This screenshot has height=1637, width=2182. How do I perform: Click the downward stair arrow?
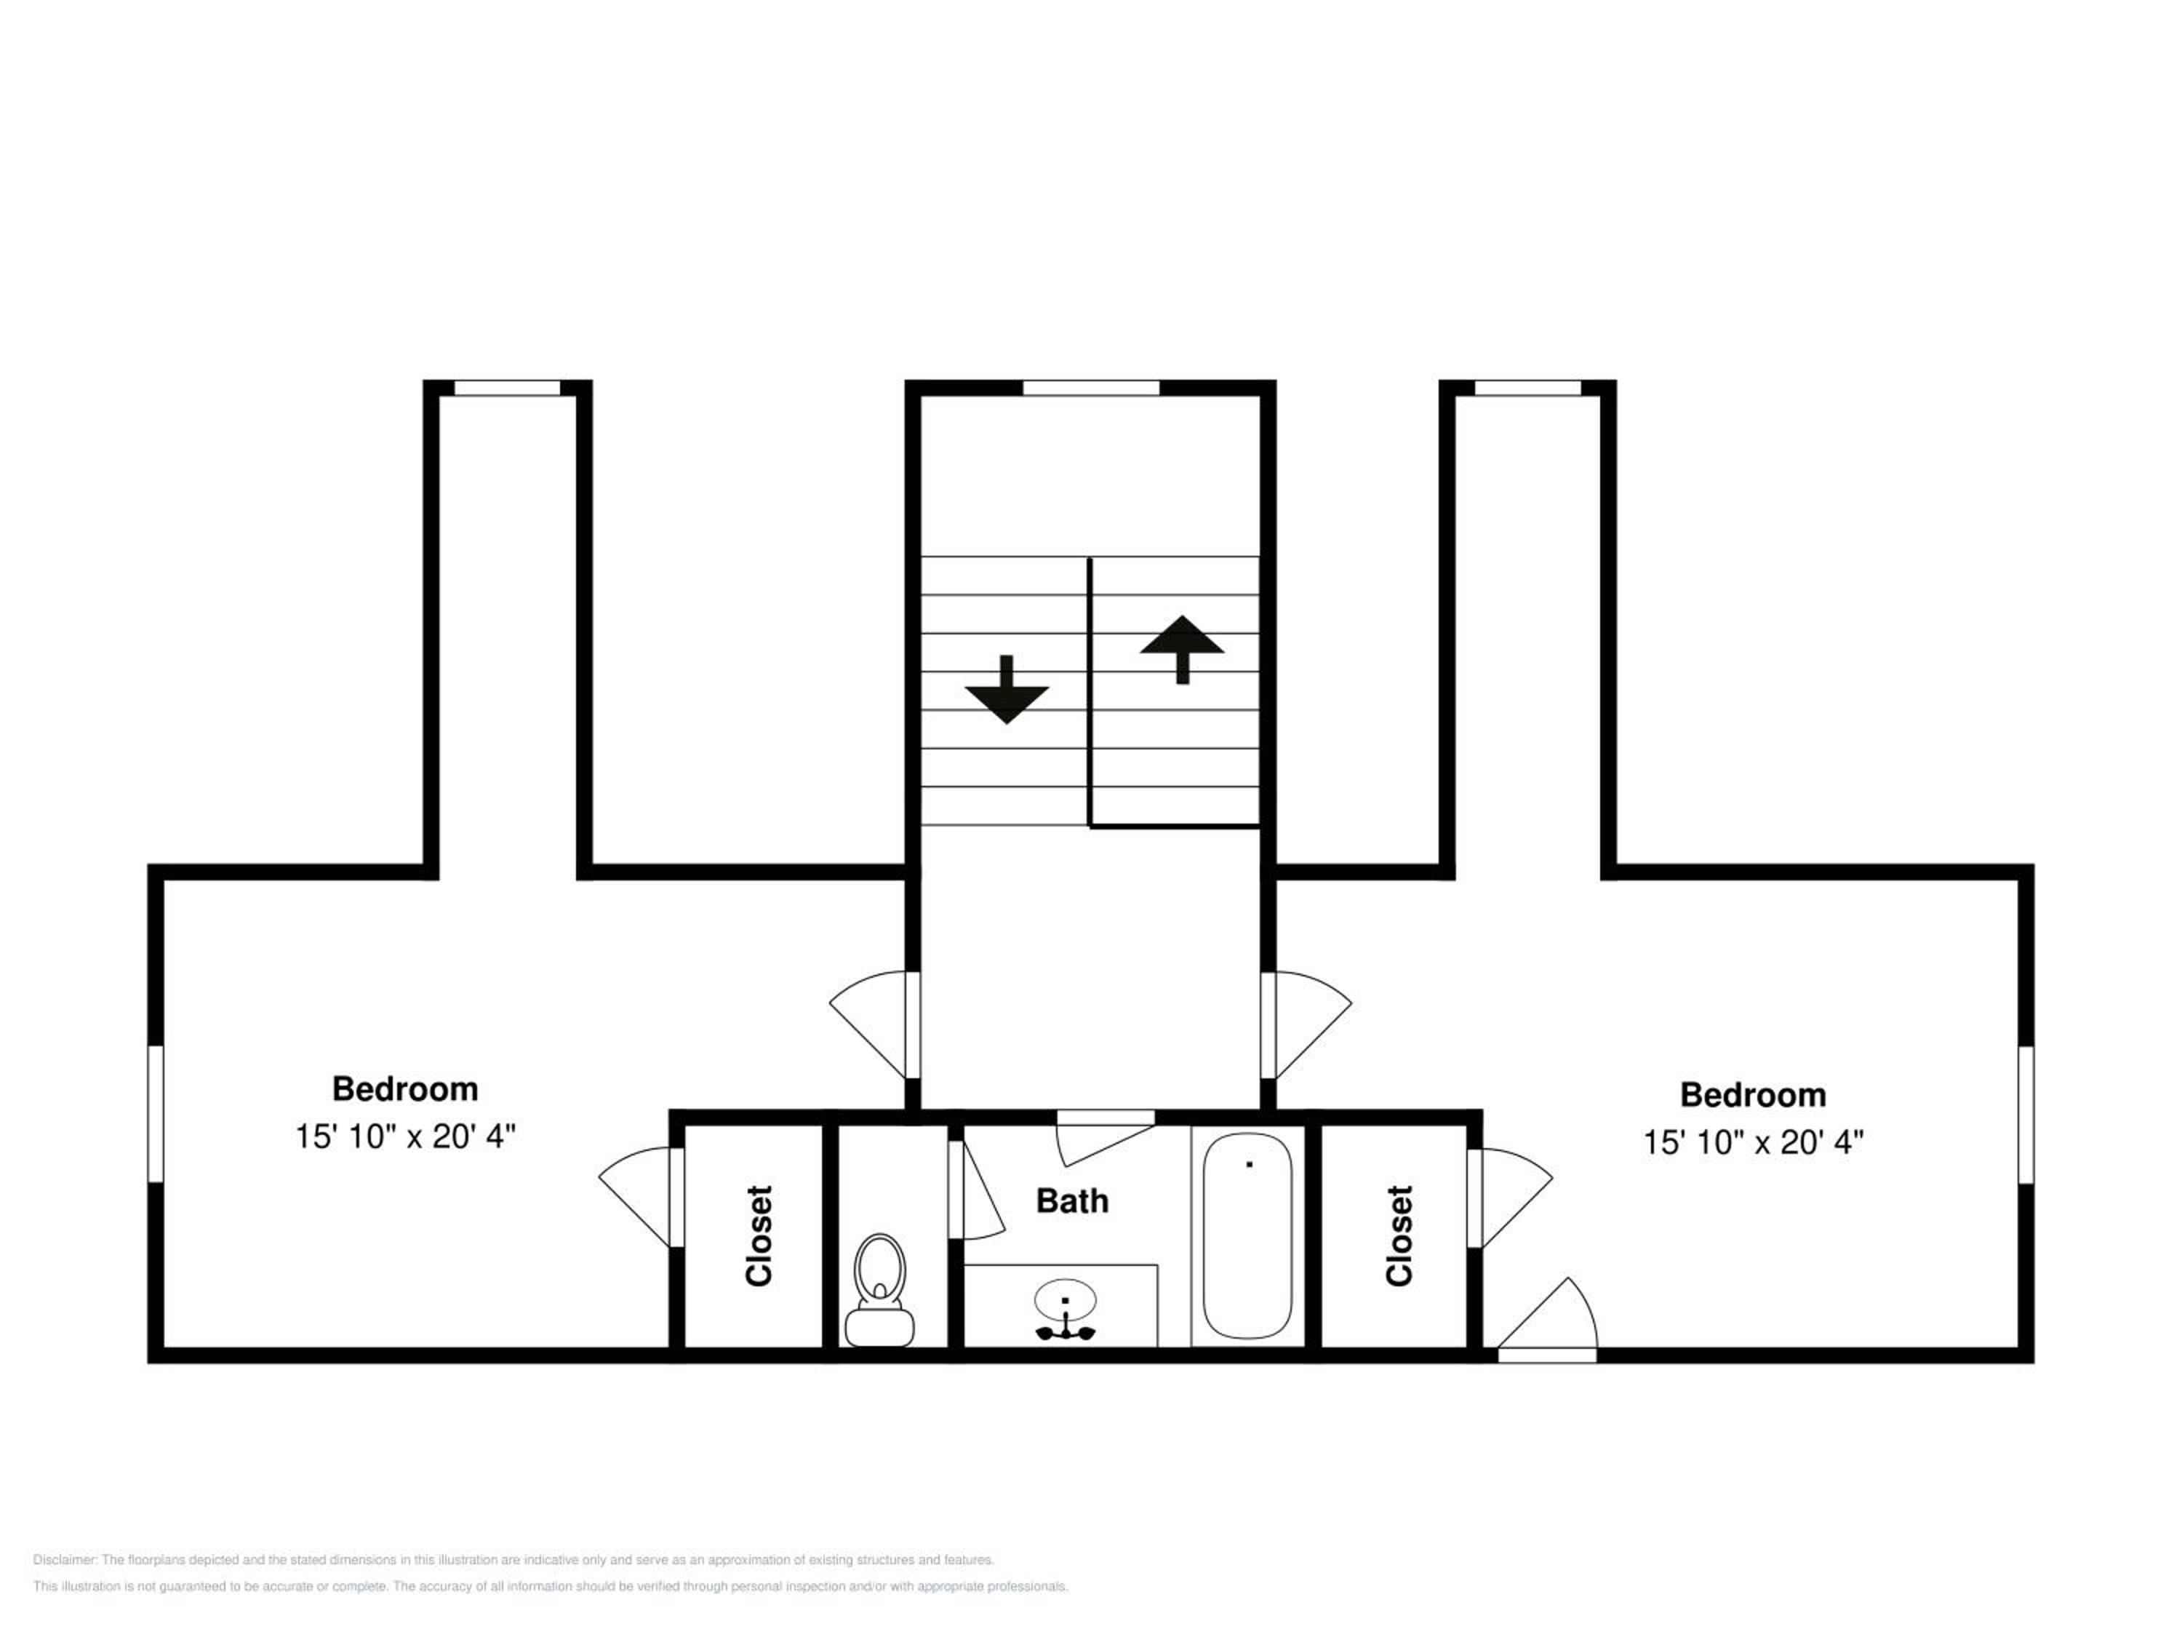point(1006,689)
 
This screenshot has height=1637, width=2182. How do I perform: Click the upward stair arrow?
point(1182,649)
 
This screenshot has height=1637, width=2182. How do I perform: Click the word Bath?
point(1072,1201)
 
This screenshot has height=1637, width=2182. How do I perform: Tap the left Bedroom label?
point(404,1088)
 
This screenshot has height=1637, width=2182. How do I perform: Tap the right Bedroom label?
point(1753,1094)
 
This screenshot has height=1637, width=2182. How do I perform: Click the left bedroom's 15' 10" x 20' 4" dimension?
point(405,1136)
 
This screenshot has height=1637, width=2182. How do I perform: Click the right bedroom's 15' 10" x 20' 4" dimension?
point(1753,1143)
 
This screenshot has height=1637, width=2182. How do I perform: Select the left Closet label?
point(759,1235)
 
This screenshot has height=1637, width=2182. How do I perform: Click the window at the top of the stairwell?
point(1091,388)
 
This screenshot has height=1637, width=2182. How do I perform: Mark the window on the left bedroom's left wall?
point(155,1114)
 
